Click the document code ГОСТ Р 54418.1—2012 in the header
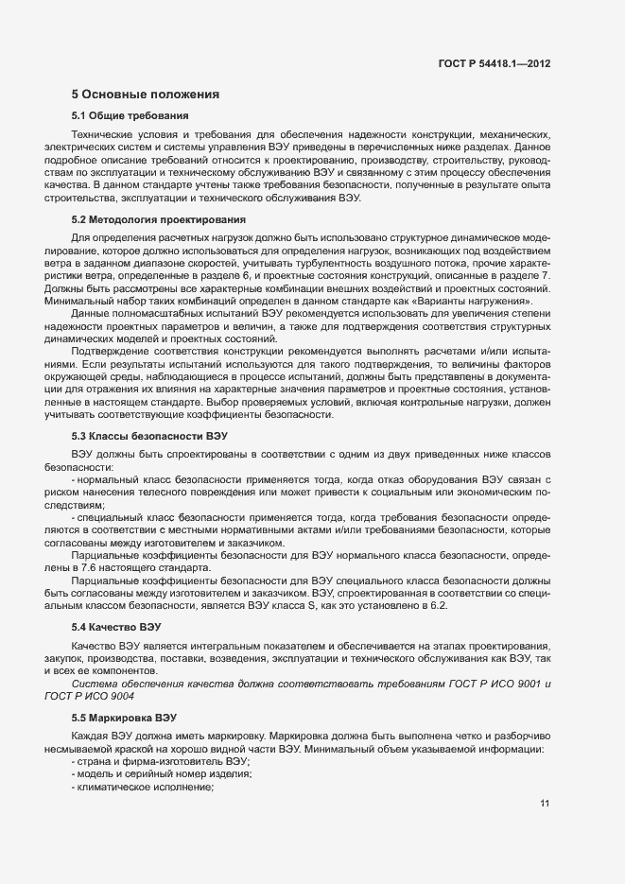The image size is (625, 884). pos(494,63)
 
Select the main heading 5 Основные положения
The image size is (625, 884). pos(146,95)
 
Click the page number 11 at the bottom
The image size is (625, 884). pos(545,804)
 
